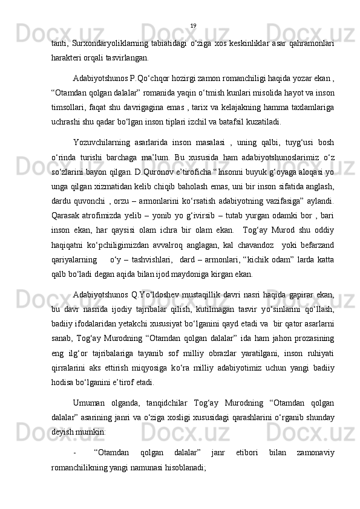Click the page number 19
click(x=193, y=25)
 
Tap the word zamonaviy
click(x=315, y=450)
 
